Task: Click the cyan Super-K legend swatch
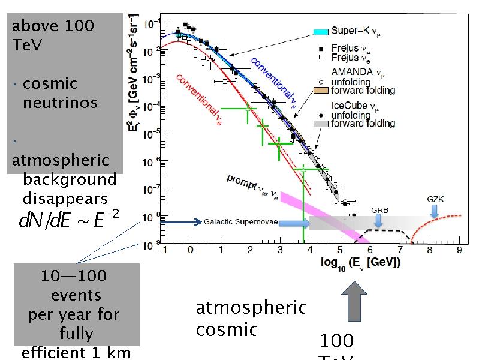322,32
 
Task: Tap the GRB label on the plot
379,210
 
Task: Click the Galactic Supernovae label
240,223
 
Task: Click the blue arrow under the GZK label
434,210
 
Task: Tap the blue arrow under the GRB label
378,221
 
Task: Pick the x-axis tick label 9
459,253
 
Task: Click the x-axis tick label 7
400,253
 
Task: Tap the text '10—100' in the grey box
73,276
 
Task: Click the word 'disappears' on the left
65,199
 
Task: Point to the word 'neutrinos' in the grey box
60,103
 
